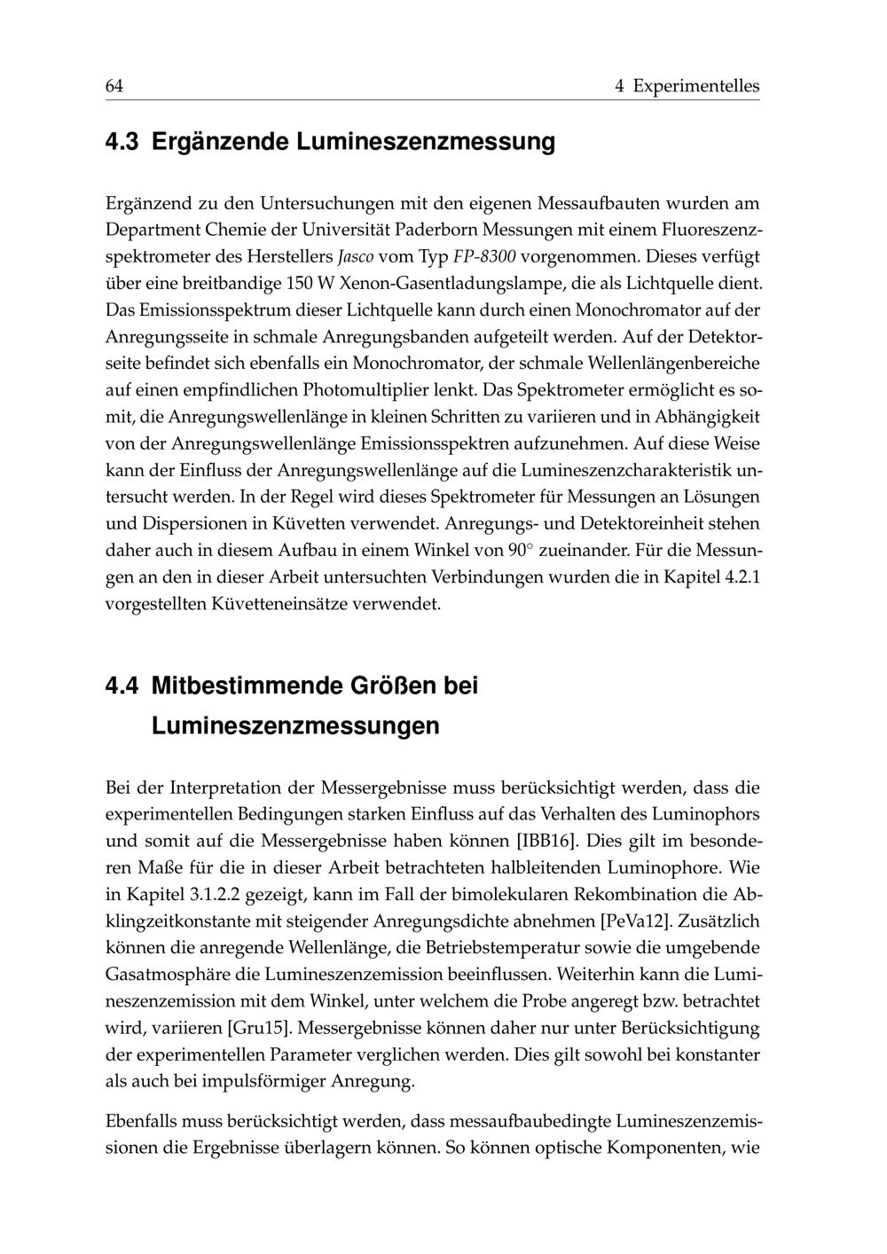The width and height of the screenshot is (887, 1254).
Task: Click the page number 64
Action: pos(114,86)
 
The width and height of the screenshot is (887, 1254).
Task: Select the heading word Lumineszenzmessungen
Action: pos(295,726)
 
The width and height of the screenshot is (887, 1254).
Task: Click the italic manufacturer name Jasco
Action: pos(357,257)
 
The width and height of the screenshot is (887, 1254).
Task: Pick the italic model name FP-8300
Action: pos(484,257)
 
